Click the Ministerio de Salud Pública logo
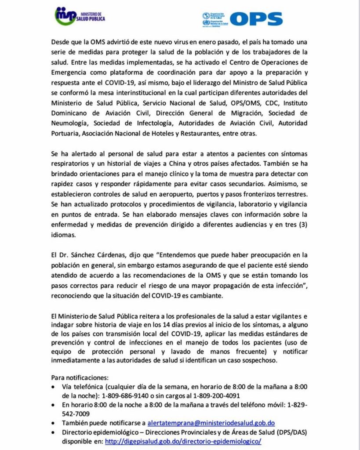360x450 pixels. click(x=80, y=16)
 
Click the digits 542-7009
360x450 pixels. click(x=76, y=414)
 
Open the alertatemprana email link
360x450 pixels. click(x=211, y=423)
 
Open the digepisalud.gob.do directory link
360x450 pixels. click(x=183, y=441)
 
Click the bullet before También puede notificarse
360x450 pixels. click(x=54, y=423)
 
